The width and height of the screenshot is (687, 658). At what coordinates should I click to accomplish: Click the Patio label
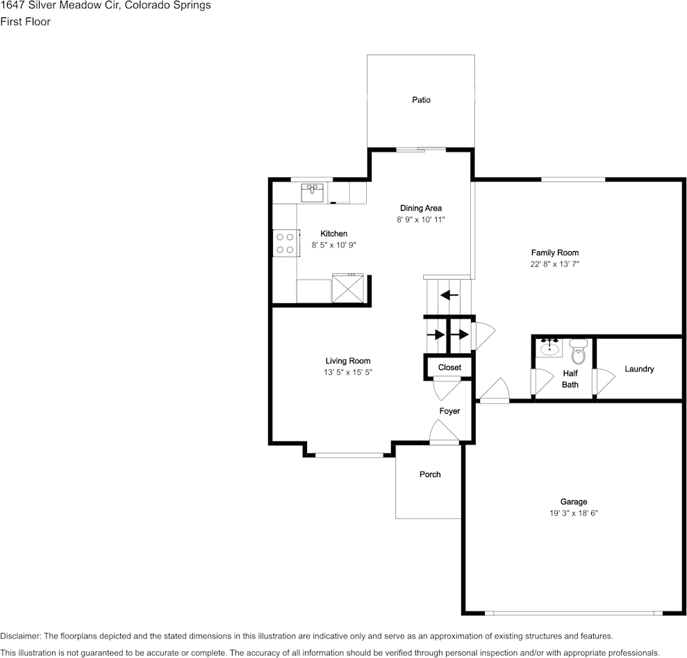[x=421, y=100]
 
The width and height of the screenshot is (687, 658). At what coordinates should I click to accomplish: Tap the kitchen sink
[x=313, y=192]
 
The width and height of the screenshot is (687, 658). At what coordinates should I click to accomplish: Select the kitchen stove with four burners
[x=285, y=243]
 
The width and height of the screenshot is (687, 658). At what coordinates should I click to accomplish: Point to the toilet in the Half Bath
[x=578, y=353]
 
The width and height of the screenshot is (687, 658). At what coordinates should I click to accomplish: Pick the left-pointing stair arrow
[x=449, y=294]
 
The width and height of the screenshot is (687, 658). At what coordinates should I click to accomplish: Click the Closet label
[x=449, y=367]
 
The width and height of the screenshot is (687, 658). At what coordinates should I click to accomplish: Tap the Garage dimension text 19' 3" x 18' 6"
[x=574, y=513]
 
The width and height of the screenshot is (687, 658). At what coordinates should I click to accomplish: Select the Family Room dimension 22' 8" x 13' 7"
[x=554, y=264]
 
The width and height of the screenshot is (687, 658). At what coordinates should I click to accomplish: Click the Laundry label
[x=639, y=369]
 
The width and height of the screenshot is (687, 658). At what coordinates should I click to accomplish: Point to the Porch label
[x=430, y=474]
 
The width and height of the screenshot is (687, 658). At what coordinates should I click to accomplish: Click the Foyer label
[x=449, y=411]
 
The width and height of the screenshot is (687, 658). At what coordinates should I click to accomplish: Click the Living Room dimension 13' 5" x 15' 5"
[x=348, y=373]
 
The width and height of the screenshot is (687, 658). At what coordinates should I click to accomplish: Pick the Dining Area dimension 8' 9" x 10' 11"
[x=420, y=219]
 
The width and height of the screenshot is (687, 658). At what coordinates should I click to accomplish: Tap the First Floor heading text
[x=26, y=22]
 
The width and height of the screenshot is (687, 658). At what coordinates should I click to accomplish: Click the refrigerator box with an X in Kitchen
[x=349, y=289]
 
